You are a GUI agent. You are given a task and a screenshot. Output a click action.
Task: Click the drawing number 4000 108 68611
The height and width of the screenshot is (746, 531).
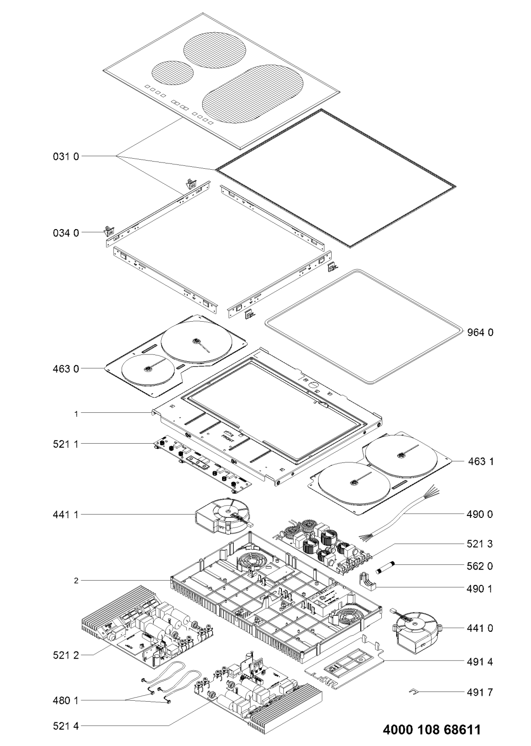point(432,729)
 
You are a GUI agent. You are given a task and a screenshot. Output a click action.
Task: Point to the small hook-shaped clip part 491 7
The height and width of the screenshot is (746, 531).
point(413,692)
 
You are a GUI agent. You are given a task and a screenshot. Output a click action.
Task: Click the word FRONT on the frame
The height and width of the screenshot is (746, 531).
point(229,437)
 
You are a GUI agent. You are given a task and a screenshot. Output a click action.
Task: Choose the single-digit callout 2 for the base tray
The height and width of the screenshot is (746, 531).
point(76,580)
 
